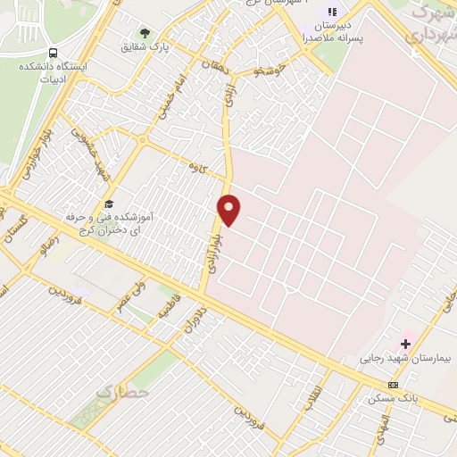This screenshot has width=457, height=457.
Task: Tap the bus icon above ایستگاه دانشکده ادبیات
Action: pyautogui.click(x=53, y=53)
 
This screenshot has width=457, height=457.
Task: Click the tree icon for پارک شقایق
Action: pyautogui.click(x=145, y=33)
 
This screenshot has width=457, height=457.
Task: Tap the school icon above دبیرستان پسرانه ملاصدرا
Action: pyautogui.click(x=333, y=12)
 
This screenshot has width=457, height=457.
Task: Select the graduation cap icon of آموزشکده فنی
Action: pyautogui.click(x=109, y=204)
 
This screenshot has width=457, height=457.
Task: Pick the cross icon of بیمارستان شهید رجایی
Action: pyautogui.click(x=406, y=344)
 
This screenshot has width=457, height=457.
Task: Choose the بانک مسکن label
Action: pyautogui.click(x=393, y=397)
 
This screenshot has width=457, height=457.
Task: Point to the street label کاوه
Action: pyautogui.click(x=196, y=167)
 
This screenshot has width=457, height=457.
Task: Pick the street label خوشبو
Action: pyautogui.click(x=268, y=69)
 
